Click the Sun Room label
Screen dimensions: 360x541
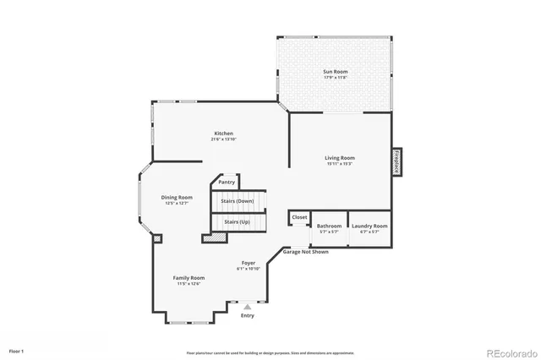pos(336,72)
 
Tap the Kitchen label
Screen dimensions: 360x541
pos(223,133)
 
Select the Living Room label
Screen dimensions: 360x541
pos(340,157)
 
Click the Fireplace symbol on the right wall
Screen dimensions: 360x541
pos(396,161)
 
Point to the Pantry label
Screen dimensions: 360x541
pos(227,182)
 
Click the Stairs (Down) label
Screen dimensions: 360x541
pos(238,201)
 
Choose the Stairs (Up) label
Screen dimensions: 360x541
pos(237,221)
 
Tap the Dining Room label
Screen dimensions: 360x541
pos(177,197)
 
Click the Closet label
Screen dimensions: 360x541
pos(299,217)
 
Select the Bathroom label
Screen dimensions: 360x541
pos(329,226)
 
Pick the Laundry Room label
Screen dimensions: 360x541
pos(369,226)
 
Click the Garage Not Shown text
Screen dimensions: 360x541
pos(306,252)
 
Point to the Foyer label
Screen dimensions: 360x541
pos(249,263)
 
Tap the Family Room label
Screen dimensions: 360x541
pos(189,277)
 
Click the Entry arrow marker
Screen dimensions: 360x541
pos(247,308)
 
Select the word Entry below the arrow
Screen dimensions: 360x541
pos(247,316)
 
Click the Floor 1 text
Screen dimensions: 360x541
pos(17,350)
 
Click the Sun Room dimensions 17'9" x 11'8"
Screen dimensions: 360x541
pos(336,78)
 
